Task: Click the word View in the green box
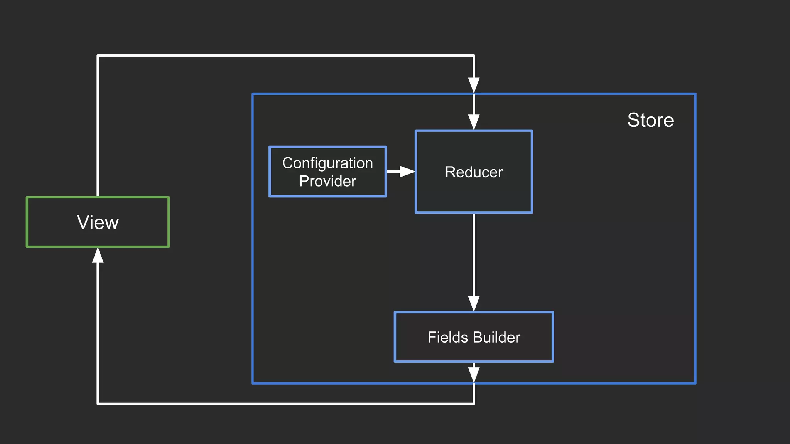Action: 98,222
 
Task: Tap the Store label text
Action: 650,120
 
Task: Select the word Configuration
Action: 327,163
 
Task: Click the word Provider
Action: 327,181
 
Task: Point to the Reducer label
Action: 474,172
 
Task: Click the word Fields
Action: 447,337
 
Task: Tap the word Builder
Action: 496,337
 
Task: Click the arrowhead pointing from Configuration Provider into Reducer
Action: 407,172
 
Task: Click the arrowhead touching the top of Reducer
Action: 474,122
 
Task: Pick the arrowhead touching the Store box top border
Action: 474,85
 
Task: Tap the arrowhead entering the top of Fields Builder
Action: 474,303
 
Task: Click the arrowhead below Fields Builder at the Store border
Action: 474,375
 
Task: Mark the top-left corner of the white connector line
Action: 98,56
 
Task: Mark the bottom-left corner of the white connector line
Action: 98,404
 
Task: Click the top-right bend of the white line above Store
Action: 474,56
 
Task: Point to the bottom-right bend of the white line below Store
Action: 474,404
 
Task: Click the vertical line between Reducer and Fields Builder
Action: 474,254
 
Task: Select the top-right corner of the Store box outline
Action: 695,94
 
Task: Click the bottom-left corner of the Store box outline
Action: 253,383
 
